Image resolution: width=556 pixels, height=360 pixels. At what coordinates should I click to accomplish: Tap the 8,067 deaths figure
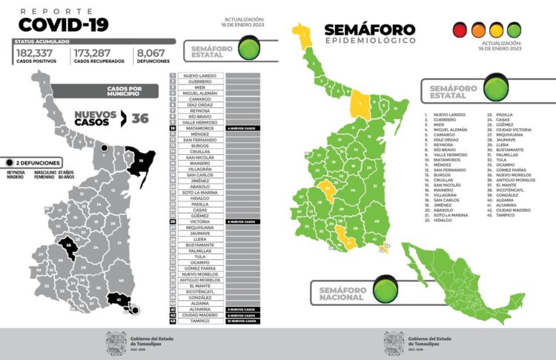click(153, 53)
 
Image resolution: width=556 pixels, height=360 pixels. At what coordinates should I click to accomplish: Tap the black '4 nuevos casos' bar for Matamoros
click(242, 128)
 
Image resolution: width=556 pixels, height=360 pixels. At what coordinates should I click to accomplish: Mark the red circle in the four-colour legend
click(460, 30)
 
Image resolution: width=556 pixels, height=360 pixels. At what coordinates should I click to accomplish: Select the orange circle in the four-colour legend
click(495, 30)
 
